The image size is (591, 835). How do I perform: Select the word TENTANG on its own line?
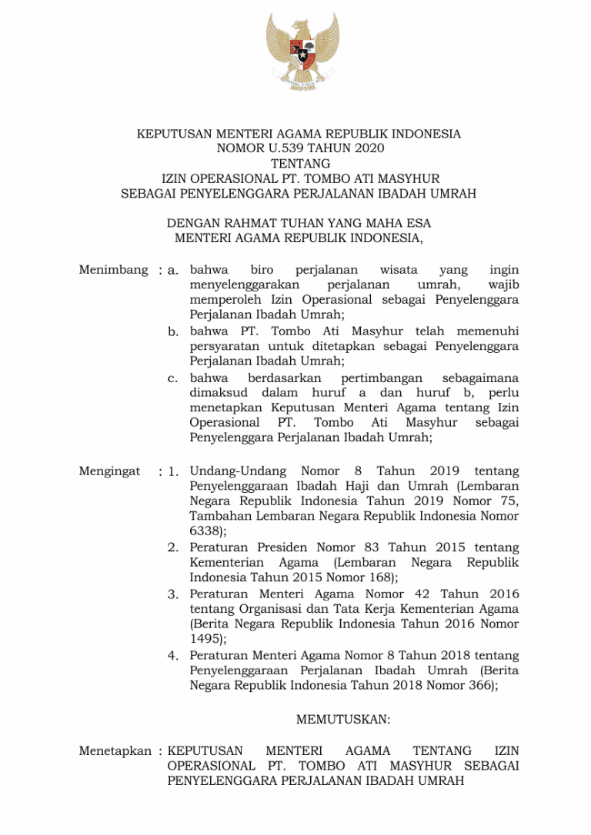pos(299,164)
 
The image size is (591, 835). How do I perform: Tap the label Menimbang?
pos(113,270)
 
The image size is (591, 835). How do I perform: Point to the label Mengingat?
pos(109,471)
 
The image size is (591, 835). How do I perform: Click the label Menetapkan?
pos(115,750)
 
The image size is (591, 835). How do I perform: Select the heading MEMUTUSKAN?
pos(342,720)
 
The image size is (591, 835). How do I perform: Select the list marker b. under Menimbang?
pos(174,331)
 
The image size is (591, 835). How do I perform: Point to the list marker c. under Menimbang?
pos(174,378)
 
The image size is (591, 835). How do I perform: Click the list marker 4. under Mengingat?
pos(174,656)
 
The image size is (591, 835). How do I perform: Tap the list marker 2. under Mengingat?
pos(174,547)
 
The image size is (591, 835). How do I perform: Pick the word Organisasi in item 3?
pos(263,609)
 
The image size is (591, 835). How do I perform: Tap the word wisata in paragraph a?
pos(399,270)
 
